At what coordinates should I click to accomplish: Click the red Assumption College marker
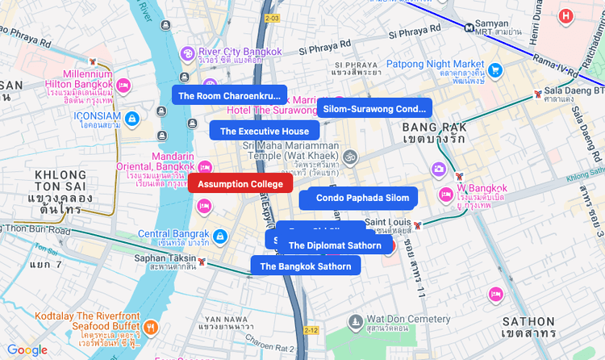240,184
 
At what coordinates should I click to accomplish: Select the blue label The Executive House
265,131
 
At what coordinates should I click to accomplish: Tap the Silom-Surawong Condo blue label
373,108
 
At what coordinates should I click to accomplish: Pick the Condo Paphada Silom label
362,198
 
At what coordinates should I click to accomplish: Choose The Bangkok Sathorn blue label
306,266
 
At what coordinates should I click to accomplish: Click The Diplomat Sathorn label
335,245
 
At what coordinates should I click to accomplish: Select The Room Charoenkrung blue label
231,95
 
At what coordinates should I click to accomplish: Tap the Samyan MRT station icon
469,25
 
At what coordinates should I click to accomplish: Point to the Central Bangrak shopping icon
220,236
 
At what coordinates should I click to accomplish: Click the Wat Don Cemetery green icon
356,323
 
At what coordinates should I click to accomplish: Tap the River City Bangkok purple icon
187,53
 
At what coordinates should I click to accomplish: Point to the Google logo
27,350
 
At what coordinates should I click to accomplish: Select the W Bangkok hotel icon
444,195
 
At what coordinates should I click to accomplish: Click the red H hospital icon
567,15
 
